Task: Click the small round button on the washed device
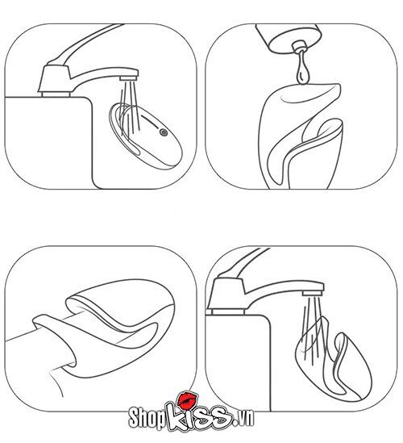pyautogui.click(x=164, y=132)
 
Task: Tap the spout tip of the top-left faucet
pyautogui.click(x=129, y=78)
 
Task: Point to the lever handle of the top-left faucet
pyautogui.click(x=85, y=43)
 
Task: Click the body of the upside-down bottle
pyautogui.click(x=289, y=38)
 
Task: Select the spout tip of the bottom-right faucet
pyautogui.click(x=314, y=293)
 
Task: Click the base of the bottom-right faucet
pyautogui.click(x=227, y=311)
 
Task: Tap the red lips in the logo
pyautogui.click(x=188, y=399)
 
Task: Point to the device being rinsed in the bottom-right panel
pyautogui.click(x=332, y=359)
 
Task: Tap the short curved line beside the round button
pyautogui.click(x=150, y=119)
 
